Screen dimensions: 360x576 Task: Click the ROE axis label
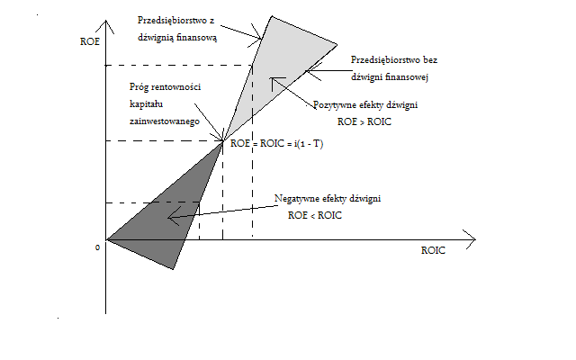tap(87, 40)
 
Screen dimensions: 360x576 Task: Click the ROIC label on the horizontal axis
tap(433, 251)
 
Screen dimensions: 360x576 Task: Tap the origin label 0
tap(96, 247)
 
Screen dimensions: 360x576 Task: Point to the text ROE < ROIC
tap(316, 215)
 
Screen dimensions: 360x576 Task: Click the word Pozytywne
tap(334, 105)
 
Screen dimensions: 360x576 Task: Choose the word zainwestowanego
tap(163, 119)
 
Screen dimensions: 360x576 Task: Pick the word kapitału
tap(148, 105)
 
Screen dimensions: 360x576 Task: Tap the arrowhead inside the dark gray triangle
tap(171, 216)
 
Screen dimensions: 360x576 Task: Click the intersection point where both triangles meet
tap(223, 141)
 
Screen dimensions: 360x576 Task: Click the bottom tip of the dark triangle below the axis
tap(175, 269)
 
